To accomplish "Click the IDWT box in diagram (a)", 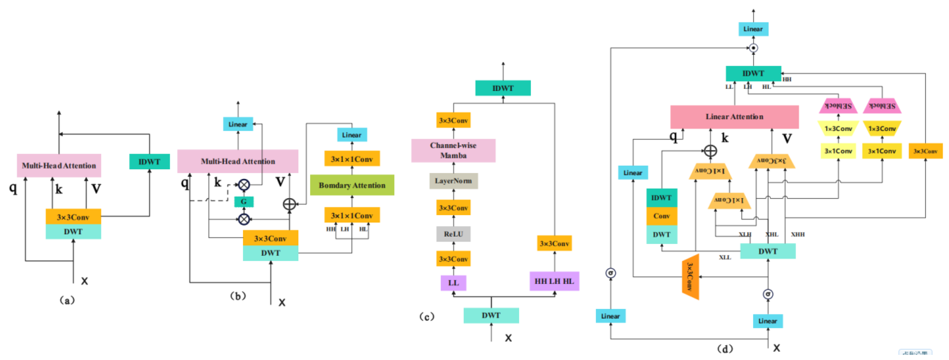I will [x=149, y=162].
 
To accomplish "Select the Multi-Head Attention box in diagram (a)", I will [x=59, y=165].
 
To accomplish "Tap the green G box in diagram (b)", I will [x=243, y=202].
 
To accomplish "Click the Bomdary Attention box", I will [x=352, y=185].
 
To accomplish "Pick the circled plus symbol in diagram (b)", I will [x=289, y=204].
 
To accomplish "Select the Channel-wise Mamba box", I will [x=453, y=150].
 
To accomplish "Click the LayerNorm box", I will [x=453, y=181].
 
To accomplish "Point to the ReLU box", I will [x=453, y=234].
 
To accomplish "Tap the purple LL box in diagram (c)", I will [x=453, y=283].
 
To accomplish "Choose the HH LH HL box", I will [x=554, y=281].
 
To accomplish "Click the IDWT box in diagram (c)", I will [x=503, y=88].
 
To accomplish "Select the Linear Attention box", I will [x=734, y=117].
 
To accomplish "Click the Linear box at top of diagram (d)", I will [x=753, y=29].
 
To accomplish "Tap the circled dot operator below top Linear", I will [x=754, y=48].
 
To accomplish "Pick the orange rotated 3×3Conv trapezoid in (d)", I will [x=690, y=277].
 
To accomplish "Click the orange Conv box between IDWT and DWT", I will [x=662, y=216].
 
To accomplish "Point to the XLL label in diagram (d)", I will [x=725, y=257].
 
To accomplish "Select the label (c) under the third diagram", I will [x=427, y=316].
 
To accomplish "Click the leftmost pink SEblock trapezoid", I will [x=838, y=106].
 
